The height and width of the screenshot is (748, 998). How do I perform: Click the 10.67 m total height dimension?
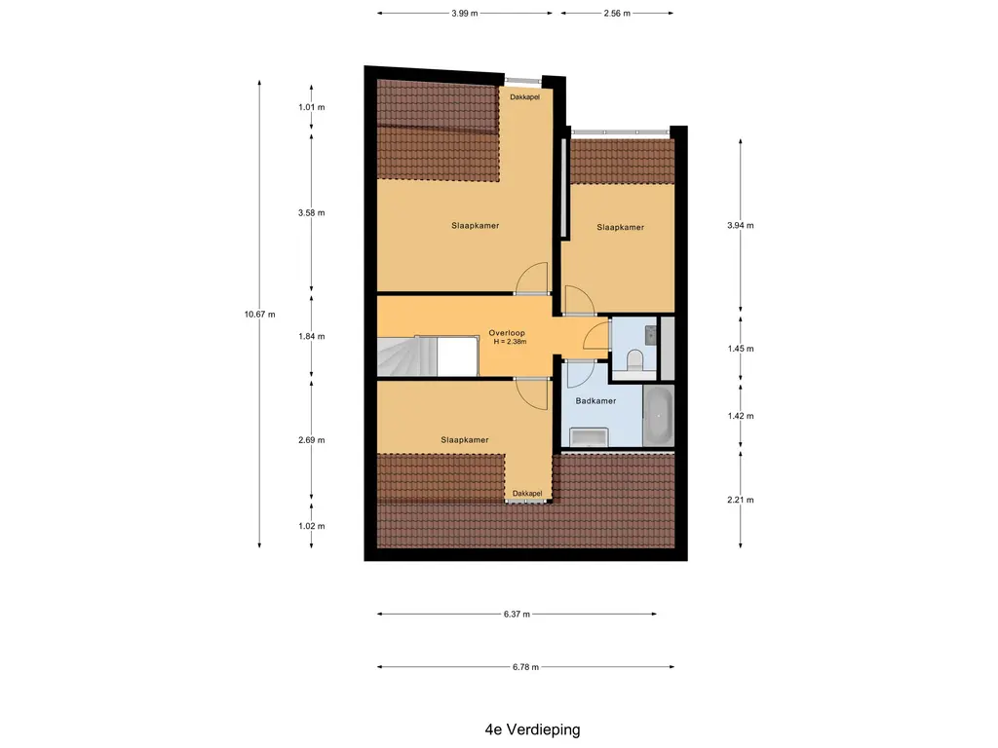pyautogui.click(x=259, y=315)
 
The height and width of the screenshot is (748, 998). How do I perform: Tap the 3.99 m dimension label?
pyautogui.click(x=465, y=14)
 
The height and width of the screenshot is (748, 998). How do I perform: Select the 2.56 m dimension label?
pyautogui.click(x=617, y=14)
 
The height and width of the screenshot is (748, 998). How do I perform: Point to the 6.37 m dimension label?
pyautogui.click(x=517, y=615)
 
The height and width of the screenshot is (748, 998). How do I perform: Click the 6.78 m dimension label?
pyautogui.click(x=525, y=667)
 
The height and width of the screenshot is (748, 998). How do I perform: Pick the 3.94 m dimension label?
pyautogui.click(x=741, y=225)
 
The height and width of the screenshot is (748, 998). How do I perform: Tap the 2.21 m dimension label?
pyautogui.click(x=741, y=500)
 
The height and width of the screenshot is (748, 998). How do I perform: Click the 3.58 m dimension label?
pyautogui.click(x=311, y=213)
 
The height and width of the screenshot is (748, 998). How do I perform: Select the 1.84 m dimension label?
pyautogui.click(x=311, y=336)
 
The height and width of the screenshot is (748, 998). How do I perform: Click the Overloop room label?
pyautogui.click(x=507, y=333)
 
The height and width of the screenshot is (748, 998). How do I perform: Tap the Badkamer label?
pyautogui.click(x=595, y=400)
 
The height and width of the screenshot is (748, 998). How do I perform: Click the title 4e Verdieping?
pyautogui.click(x=533, y=729)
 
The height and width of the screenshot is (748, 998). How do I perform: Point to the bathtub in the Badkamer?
pyautogui.click(x=658, y=416)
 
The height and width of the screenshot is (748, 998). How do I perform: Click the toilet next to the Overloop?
pyautogui.click(x=634, y=360)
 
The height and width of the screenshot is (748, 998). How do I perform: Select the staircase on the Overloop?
pyautogui.click(x=406, y=356)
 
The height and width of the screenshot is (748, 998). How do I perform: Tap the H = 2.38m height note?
pyautogui.click(x=510, y=342)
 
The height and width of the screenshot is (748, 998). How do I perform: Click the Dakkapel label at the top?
pyautogui.click(x=525, y=97)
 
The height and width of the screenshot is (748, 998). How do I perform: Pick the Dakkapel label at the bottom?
pyautogui.click(x=527, y=494)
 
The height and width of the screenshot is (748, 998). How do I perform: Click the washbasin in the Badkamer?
pyautogui.click(x=589, y=437)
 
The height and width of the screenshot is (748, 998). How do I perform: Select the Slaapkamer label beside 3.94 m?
pyautogui.click(x=621, y=227)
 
